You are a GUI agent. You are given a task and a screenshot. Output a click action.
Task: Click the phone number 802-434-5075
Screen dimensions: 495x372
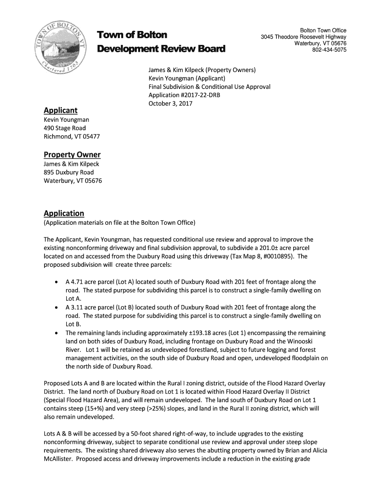pyautogui.click(x=329, y=50)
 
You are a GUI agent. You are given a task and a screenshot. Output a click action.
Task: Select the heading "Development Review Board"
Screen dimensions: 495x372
pyautogui.click(x=161, y=49)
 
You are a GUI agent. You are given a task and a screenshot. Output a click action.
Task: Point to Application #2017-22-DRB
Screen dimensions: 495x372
pyautogui.click(x=184, y=95)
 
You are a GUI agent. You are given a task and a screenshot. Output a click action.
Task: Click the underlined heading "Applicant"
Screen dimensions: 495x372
pyautogui.click(x=60, y=110)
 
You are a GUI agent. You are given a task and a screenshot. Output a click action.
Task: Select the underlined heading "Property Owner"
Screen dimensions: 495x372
pyautogui.click(x=72, y=155)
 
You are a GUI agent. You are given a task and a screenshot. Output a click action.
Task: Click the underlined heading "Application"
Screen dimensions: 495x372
pyautogui.click(x=64, y=213)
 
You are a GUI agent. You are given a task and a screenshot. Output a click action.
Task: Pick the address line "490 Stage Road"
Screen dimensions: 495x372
pyautogui.click(x=65, y=128)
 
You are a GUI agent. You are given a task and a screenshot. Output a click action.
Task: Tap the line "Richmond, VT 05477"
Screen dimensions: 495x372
pyautogui.click(x=72, y=136)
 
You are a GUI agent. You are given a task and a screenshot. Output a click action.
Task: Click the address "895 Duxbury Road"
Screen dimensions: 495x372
pyautogui.click(x=69, y=173)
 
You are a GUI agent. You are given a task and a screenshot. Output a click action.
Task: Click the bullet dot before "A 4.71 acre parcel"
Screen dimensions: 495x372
pyautogui.click(x=57, y=282)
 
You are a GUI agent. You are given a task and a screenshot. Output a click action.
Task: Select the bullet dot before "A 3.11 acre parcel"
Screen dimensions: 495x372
pyautogui.click(x=57, y=307)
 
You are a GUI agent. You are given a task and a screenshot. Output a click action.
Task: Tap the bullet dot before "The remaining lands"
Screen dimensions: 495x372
pyautogui.click(x=57, y=333)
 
